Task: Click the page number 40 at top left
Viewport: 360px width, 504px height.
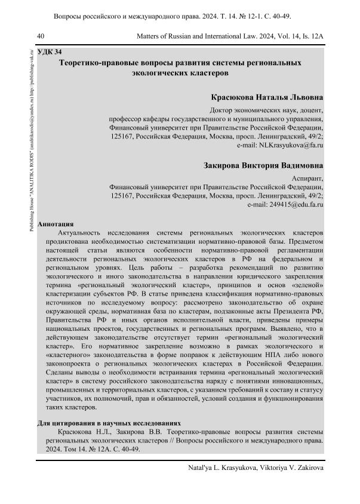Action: coord(41,36)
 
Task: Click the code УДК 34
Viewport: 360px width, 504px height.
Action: coord(50,52)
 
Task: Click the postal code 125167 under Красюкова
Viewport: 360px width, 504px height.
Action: coord(123,136)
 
